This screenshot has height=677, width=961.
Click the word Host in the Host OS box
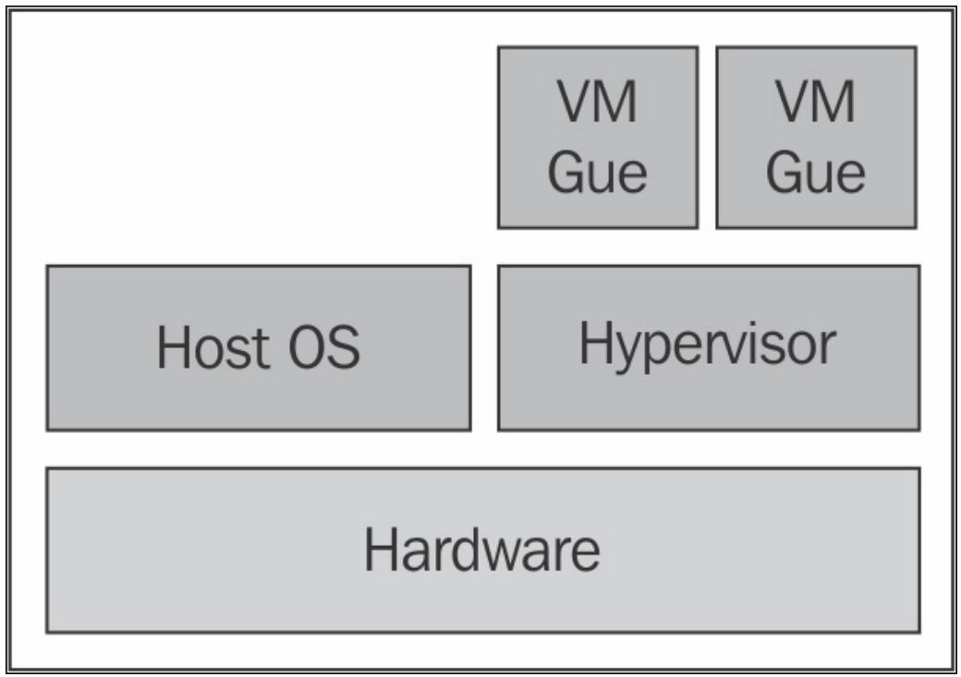[213, 347]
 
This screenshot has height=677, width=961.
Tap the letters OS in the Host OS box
[324, 347]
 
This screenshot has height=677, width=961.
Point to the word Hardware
[482, 550]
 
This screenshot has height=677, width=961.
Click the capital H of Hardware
[381, 550]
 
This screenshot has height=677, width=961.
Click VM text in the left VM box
[597, 101]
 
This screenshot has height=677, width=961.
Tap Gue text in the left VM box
[598, 172]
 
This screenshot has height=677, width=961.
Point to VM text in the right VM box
[816, 101]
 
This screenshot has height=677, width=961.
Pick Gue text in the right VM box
[816, 172]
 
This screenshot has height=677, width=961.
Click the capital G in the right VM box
[784, 172]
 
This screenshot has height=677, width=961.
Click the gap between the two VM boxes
[707, 138]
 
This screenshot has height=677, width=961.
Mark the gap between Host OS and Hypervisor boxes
[485, 348]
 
